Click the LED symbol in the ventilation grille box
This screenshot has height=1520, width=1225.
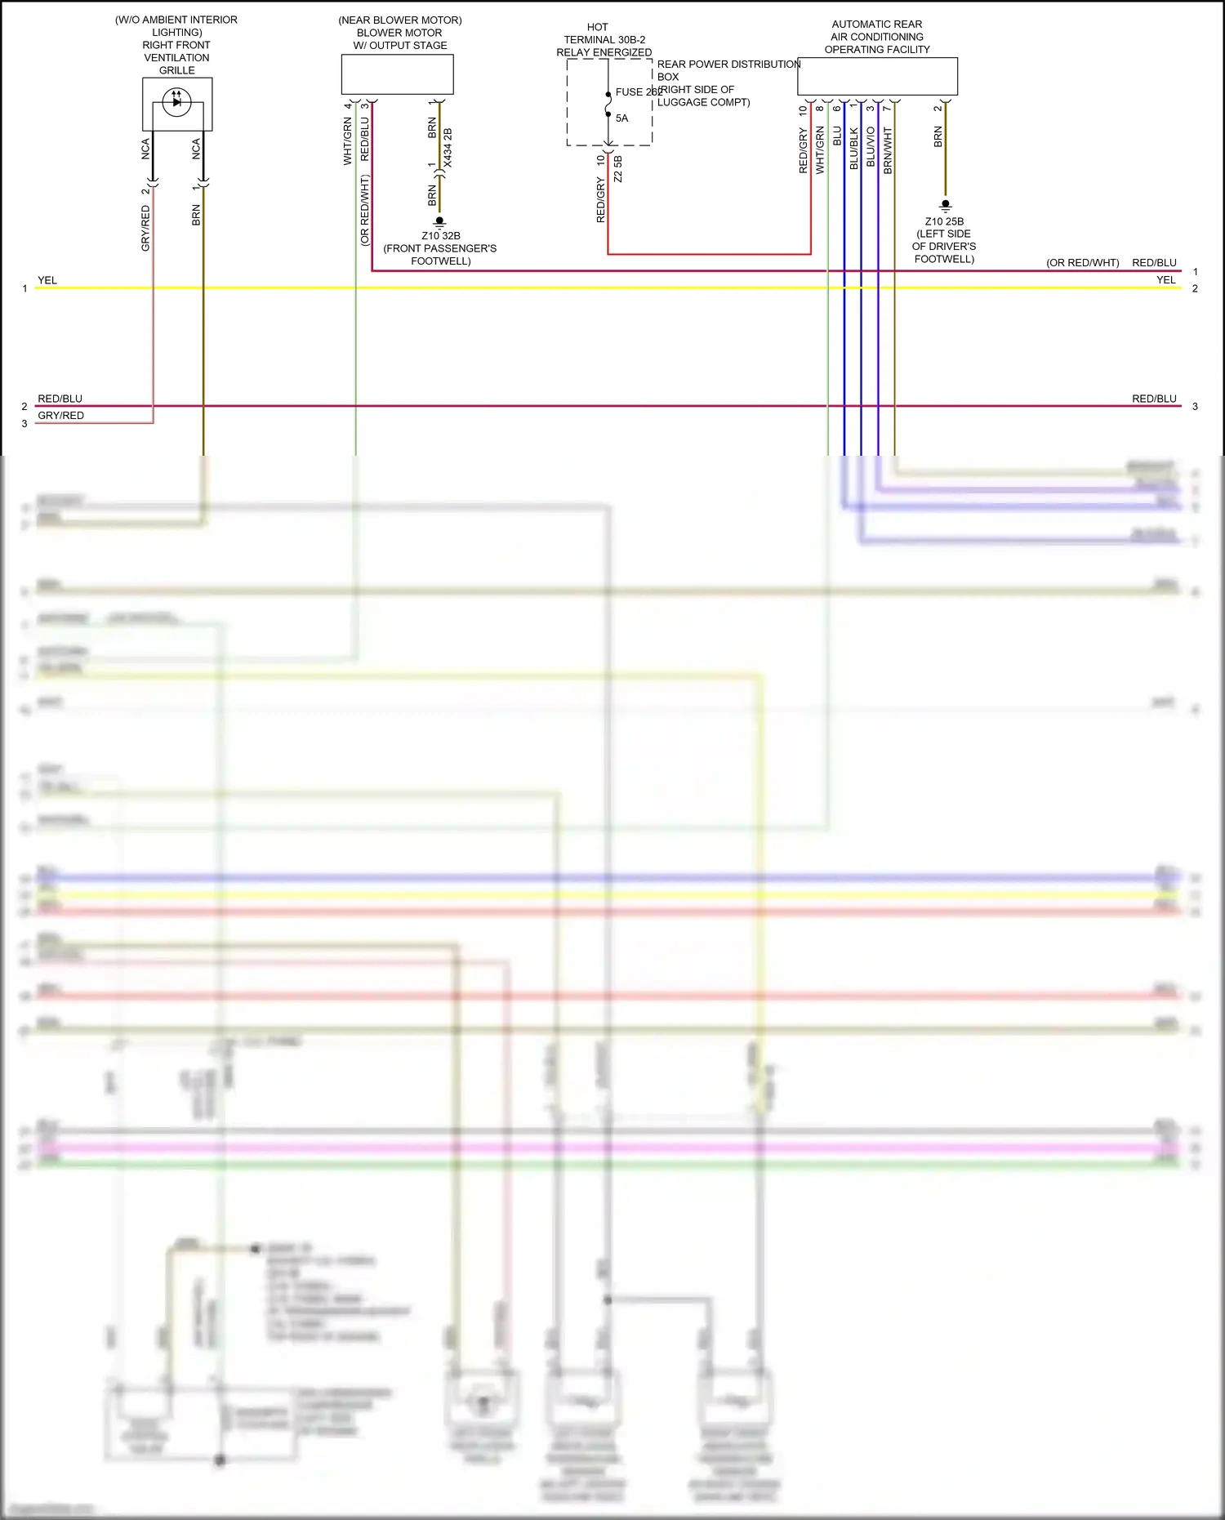click(176, 102)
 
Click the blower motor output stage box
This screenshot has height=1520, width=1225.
click(397, 74)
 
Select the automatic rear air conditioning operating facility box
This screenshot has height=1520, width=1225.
click(877, 76)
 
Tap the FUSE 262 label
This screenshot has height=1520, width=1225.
click(638, 92)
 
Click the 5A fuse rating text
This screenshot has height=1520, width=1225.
click(621, 118)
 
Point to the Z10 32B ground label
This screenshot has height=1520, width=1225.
click(441, 236)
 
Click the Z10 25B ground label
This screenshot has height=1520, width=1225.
click(944, 221)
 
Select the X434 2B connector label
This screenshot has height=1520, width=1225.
click(448, 148)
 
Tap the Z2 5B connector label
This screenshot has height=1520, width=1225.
click(618, 169)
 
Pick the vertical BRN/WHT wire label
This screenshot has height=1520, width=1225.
click(888, 150)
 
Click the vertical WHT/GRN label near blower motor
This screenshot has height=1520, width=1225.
click(347, 140)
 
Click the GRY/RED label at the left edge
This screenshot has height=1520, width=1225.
click(60, 416)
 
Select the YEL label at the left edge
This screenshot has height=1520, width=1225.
click(47, 280)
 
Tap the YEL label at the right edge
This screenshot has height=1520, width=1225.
click(1165, 280)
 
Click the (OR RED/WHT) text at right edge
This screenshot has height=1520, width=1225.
click(1082, 263)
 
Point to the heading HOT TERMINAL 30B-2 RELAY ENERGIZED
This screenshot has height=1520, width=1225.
click(604, 40)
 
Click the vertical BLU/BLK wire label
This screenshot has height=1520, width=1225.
click(853, 149)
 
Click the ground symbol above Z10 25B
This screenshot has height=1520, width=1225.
click(945, 205)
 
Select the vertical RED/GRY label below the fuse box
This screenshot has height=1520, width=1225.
click(601, 201)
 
